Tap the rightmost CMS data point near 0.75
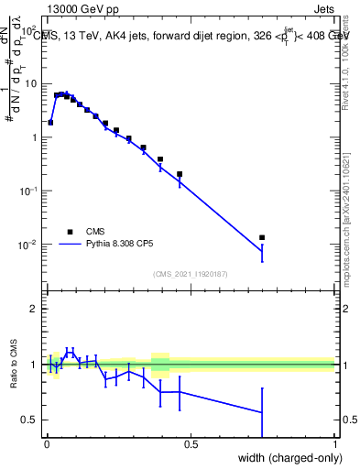tap(262, 237)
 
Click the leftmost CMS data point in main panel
tap(50, 122)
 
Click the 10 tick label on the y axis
tap(32, 83)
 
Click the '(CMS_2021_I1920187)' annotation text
tap(191, 273)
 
